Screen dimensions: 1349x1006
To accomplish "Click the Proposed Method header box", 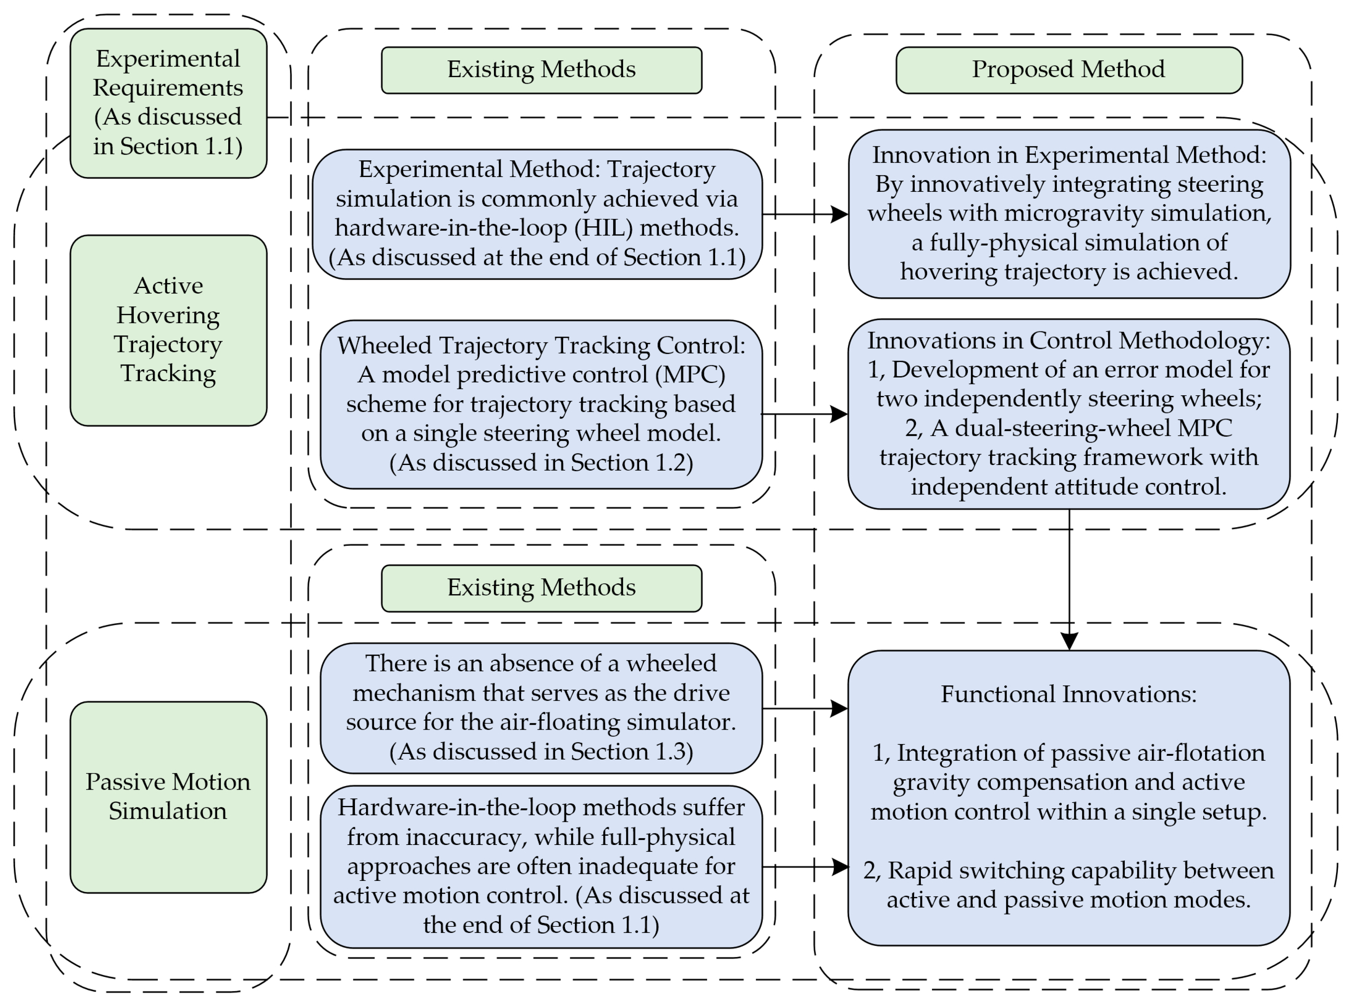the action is (x=1069, y=70).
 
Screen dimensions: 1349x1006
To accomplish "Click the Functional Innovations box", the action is (x=1069, y=798).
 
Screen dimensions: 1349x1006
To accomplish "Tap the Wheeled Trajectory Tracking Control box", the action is (x=541, y=404).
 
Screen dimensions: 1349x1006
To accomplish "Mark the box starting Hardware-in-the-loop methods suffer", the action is (x=541, y=866).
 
